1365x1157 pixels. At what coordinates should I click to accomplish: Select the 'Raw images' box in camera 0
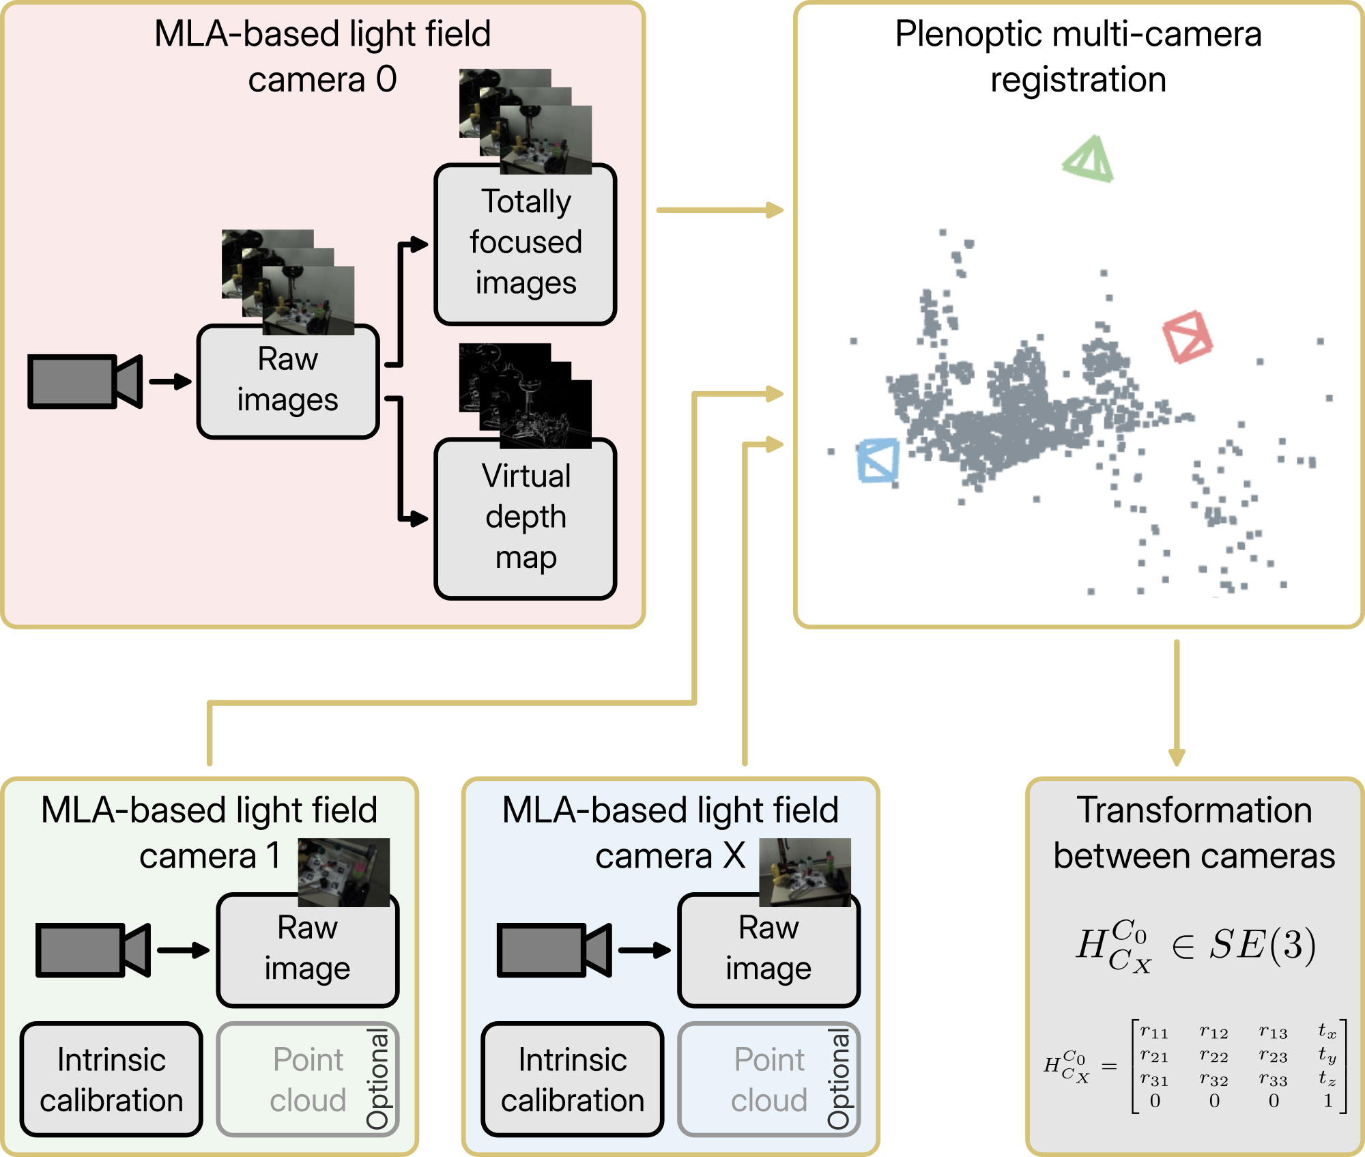(287, 381)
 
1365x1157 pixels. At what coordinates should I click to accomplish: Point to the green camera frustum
(1089, 161)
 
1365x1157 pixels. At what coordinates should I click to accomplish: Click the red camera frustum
(1188, 337)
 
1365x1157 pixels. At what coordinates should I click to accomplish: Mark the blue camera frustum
(878, 461)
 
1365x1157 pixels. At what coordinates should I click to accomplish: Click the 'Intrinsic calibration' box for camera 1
(111, 1079)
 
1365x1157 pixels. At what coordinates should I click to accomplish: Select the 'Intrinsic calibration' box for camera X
(573, 1079)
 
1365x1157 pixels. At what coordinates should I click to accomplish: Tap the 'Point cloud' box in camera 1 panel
(308, 1079)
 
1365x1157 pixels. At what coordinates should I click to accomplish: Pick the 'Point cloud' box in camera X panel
(769, 1079)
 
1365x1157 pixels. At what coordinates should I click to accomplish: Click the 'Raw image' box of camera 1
(308, 949)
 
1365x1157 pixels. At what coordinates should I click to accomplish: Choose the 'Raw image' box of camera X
(769, 949)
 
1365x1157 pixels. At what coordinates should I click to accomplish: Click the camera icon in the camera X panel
(554, 949)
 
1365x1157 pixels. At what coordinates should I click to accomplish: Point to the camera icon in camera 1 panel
(93, 949)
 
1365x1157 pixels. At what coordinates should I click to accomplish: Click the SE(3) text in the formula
(1263, 946)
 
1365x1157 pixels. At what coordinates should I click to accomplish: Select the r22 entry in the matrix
(1214, 1057)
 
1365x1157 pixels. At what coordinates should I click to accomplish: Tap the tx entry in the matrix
(1327, 1031)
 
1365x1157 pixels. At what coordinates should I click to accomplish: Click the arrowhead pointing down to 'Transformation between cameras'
(1177, 756)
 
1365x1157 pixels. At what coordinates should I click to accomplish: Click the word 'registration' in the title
(1078, 80)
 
